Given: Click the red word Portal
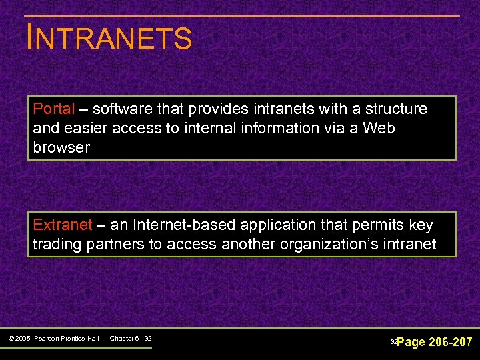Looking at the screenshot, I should click(54, 109).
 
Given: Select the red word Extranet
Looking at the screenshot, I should click(62, 225).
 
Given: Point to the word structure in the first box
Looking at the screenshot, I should click(397, 109).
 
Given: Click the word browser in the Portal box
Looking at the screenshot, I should click(61, 147).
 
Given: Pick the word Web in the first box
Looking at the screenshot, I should click(379, 128).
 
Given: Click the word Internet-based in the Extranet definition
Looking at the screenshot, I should click(156, 225).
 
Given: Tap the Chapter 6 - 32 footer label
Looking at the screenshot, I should click(131, 339).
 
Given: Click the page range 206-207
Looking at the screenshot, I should click(450, 342).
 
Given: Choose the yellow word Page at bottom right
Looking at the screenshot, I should click(411, 342).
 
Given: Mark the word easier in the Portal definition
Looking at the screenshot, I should click(86, 128).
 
